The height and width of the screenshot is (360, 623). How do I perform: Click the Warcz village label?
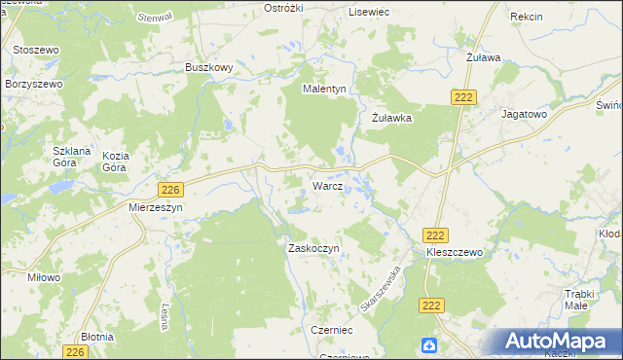pyautogui.click(x=326, y=185)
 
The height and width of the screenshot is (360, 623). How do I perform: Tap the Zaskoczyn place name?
pyautogui.click(x=313, y=248)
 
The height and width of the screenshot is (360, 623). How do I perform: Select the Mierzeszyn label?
pyautogui.click(x=156, y=207)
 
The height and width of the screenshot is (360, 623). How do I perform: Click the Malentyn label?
pyautogui.click(x=324, y=89)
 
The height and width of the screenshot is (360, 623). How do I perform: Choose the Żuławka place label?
pyautogui.click(x=393, y=118)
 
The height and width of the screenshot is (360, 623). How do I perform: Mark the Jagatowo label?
pyautogui.click(x=525, y=113)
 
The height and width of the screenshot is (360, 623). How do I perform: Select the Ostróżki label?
pyautogui.click(x=286, y=8)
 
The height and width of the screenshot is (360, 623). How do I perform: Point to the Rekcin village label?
pyautogui.click(x=526, y=18)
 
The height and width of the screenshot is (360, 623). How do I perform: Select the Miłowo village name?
pyautogui.click(x=45, y=277)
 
